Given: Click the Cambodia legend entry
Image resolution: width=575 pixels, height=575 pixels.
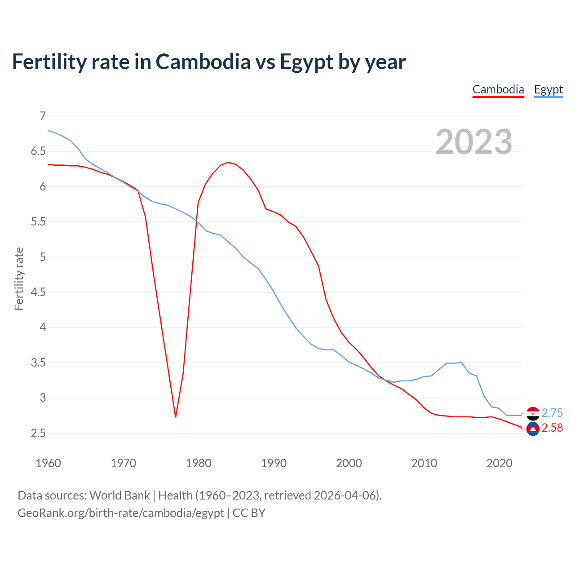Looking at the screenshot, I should pos(498,89).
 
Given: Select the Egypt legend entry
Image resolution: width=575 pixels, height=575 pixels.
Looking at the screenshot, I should pos(548,89).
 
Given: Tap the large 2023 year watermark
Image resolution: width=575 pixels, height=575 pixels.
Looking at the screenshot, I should pos(474,142).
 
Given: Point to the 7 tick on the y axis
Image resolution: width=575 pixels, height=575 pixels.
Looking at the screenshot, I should pos(43,116).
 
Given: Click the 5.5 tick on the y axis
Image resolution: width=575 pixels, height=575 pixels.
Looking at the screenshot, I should pos(38,222).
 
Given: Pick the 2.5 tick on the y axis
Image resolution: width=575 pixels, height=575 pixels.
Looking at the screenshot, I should pos(38,433).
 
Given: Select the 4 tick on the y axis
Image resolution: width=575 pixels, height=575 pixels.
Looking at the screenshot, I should pos(43,327).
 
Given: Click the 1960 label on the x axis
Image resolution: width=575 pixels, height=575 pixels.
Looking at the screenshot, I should pos(48,463).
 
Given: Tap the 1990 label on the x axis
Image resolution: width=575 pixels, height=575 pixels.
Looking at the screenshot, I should pos(274,463).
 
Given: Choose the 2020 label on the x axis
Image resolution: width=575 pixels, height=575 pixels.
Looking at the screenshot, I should pos(499,463).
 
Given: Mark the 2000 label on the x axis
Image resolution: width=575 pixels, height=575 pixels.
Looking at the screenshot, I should pos(349,463).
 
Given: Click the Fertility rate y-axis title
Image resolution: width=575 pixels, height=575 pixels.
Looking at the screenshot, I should pos(19,279).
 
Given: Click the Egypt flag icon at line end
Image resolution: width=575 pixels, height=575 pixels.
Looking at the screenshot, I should pos(533,413).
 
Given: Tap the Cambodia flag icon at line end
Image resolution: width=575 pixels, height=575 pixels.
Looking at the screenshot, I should pos(533,429).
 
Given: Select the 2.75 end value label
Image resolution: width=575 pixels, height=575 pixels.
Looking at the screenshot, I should pos(552,413).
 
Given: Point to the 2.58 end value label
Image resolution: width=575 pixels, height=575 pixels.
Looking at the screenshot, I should pos(552,428).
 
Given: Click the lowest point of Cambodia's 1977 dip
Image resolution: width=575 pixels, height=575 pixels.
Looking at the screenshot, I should pos(176,417).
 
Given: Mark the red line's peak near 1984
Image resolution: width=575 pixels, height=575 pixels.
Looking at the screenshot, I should pos(228,162).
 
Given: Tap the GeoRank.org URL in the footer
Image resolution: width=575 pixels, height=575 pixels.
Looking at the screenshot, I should pos(120,513).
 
